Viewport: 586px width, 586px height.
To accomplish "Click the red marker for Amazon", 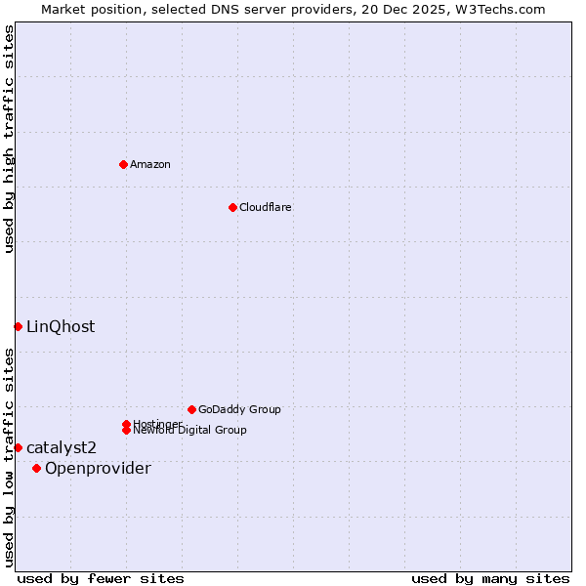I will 123,164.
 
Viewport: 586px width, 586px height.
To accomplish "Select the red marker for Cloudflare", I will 232,207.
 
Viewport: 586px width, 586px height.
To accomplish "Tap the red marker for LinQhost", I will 18,326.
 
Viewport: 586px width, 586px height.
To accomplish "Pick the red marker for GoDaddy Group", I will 191,409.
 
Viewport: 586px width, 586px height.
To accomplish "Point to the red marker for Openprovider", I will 37,468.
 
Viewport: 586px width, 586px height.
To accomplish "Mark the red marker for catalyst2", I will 18,447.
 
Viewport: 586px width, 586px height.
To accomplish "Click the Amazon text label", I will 150,164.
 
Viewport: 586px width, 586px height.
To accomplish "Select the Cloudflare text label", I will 266,207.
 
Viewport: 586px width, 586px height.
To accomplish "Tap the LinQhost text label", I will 61,327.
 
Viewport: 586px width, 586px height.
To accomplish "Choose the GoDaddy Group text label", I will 239,409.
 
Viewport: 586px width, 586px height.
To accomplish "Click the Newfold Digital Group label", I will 189,430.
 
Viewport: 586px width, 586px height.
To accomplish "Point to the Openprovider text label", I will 98,469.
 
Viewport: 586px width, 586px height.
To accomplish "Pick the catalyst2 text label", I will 62,448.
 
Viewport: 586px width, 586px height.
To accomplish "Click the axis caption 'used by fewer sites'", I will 101,578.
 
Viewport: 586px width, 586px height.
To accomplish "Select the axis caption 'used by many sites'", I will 490,578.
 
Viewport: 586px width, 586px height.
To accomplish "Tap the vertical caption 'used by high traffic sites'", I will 10,140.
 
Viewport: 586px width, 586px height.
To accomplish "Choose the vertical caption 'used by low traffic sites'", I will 10,457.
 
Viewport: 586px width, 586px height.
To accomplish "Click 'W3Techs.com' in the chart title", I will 497,9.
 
